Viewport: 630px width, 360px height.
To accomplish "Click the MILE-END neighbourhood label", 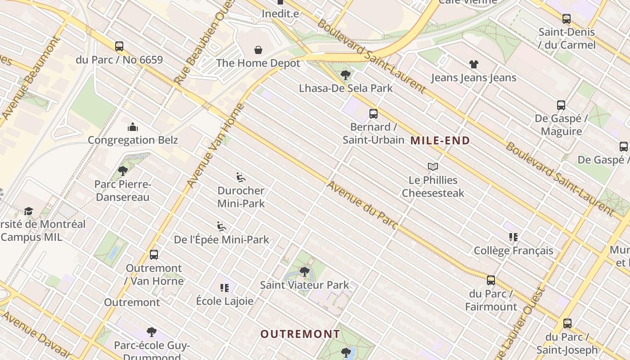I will pyautogui.click(x=440, y=140).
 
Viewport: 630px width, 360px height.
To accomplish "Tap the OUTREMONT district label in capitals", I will pyautogui.click(x=300, y=334).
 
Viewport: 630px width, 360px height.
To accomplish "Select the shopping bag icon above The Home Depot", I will pyautogui.click(x=258, y=49).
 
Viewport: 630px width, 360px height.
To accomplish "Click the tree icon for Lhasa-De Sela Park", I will pyautogui.click(x=346, y=75).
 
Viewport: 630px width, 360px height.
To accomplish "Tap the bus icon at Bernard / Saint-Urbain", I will pyautogui.click(x=373, y=114).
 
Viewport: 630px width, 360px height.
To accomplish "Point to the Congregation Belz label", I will pyautogui.click(x=133, y=140).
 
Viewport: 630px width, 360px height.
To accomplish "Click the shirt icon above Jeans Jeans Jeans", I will pyautogui.click(x=474, y=64).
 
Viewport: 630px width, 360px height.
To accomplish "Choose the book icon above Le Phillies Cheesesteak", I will pyautogui.click(x=433, y=167).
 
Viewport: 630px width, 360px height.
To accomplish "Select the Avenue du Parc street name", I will pyautogui.click(x=362, y=205).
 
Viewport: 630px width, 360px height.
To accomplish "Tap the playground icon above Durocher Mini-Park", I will pyautogui.click(x=241, y=177).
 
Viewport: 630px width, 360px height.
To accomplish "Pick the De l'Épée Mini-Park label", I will pyautogui.click(x=221, y=239).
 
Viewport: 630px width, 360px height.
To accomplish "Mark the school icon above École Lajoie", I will pyautogui.click(x=225, y=288).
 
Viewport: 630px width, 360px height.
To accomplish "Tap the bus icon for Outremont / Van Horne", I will pyautogui.click(x=154, y=255).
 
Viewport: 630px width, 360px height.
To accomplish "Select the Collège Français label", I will pyautogui.click(x=513, y=251).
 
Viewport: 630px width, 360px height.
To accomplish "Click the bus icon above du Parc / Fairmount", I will pyautogui.click(x=491, y=280).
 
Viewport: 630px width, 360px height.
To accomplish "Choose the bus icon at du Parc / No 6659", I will pyautogui.click(x=119, y=46).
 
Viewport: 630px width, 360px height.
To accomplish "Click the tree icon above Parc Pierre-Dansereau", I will pyautogui.click(x=122, y=171).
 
